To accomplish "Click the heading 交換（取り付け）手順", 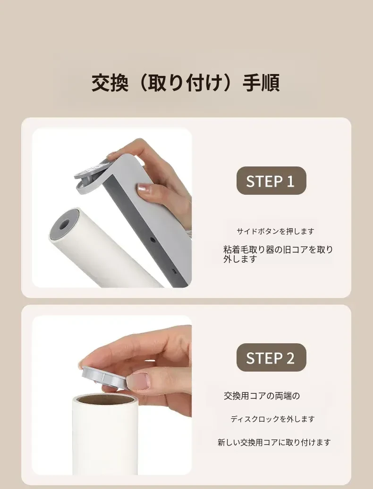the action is [186, 83].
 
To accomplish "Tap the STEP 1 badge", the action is [271, 181].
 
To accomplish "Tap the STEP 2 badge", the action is [271, 357].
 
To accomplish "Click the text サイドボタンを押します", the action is [275, 232].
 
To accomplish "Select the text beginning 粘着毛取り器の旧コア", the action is [278, 254].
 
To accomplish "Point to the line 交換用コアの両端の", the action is [262, 396].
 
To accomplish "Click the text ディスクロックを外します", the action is [272, 419].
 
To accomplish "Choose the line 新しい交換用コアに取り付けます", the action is [274, 442].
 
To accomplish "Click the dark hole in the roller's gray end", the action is [64, 224].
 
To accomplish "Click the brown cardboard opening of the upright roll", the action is [105, 398].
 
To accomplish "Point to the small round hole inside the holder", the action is [153, 240].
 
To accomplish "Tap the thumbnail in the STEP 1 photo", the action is [144, 189].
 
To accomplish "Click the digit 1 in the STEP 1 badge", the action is [290, 181].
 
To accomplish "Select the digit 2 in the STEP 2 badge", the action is [290, 358].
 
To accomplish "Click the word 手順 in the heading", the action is [261, 83].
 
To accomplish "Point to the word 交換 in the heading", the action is [110, 83].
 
